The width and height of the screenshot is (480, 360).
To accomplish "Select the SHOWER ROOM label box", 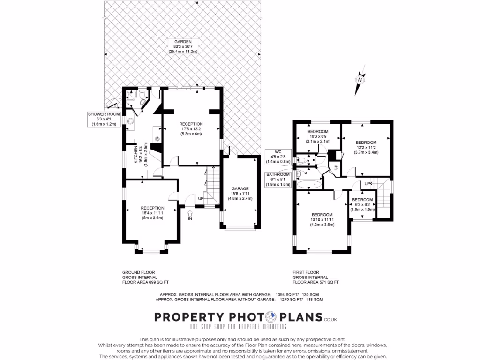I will pos(104,119).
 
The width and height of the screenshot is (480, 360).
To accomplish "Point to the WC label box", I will pos(278,156).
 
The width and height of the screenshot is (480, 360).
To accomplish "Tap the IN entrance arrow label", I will pos(190,218).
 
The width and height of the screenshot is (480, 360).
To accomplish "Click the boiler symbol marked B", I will pos(157,139).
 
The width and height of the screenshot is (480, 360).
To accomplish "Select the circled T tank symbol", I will pos(336,168).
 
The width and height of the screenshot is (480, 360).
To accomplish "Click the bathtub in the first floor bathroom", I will pos(310,184).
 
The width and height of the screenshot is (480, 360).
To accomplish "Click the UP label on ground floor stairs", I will pos(201,198).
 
